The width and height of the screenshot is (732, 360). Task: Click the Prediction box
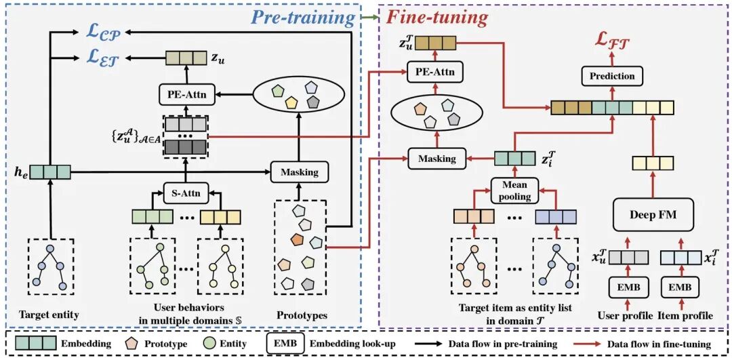(612, 76)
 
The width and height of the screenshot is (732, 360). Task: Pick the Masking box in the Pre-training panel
(300, 172)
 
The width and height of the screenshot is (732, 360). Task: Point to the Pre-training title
(303, 18)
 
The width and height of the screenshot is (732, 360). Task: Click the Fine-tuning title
(437, 18)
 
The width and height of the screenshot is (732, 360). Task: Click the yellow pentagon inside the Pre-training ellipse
(291, 101)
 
